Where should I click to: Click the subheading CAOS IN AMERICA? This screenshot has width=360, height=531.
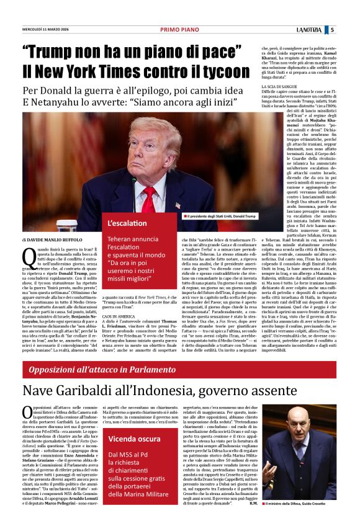point(120,316)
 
